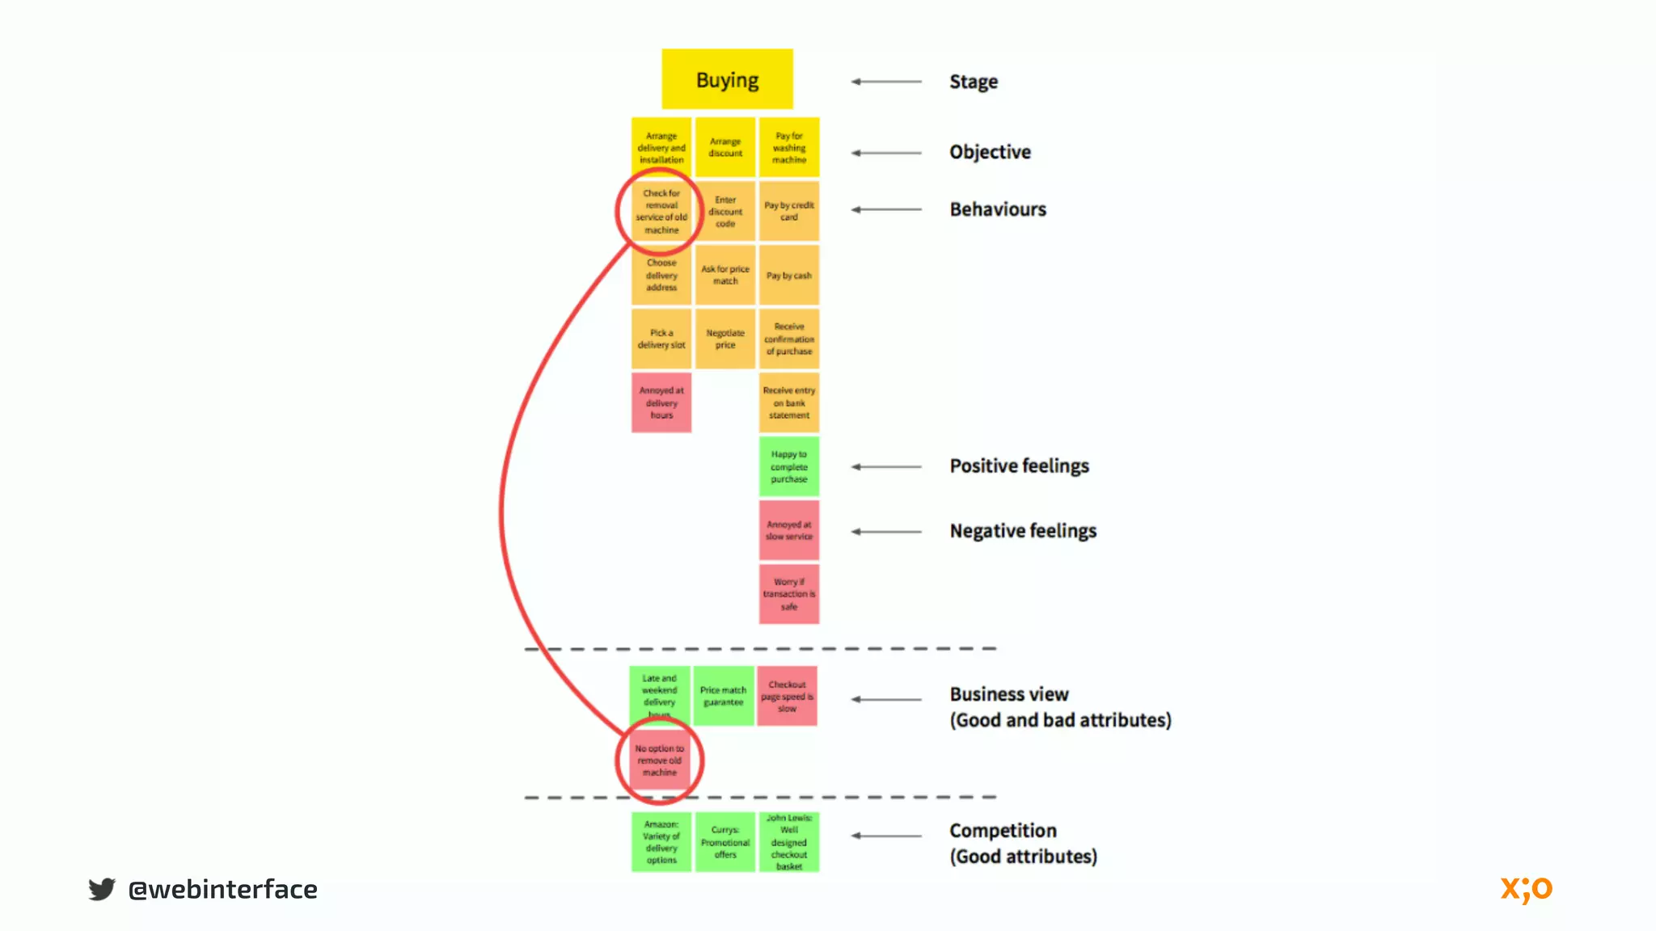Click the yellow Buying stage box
[x=727, y=79]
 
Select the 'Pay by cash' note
[x=788, y=276]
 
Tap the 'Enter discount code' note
[x=725, y=212]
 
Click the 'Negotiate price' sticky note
[x=725, y=339]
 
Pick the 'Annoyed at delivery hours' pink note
[x=661, y=402]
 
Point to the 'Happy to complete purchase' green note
[x=788, y=466]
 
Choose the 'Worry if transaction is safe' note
[x=788, y=594]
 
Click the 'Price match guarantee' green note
[x=723, y=696]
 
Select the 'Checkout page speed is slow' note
[x=787, y=696]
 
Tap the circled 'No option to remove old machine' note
[x=660, y=760]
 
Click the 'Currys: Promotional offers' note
[x=725, y=841]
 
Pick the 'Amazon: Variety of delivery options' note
[x=661, y=841]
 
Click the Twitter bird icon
[x=102, y=889]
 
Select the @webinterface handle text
[x=222, y=889]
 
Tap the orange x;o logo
[x=1526, y=889]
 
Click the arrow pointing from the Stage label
[x=886, y=82]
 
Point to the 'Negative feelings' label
[x=1023, y=531]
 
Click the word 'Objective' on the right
[x=990, y=152]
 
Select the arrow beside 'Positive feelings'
[x=886, y=466]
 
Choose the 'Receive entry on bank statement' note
[x=788, y=402]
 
